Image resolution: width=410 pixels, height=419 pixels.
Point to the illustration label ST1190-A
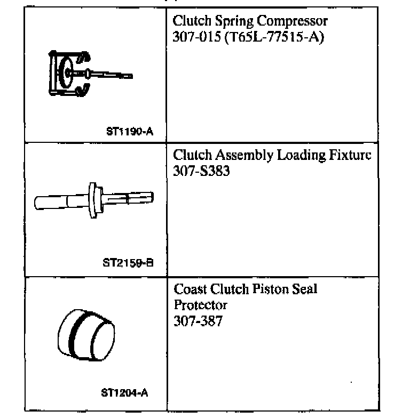point(130,131)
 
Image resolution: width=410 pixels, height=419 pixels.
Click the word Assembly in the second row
point(241,156)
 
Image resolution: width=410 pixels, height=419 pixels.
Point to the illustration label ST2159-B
point(128,263)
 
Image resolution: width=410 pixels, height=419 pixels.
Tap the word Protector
point(200,305)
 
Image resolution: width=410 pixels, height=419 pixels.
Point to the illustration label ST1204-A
point(124,393)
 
